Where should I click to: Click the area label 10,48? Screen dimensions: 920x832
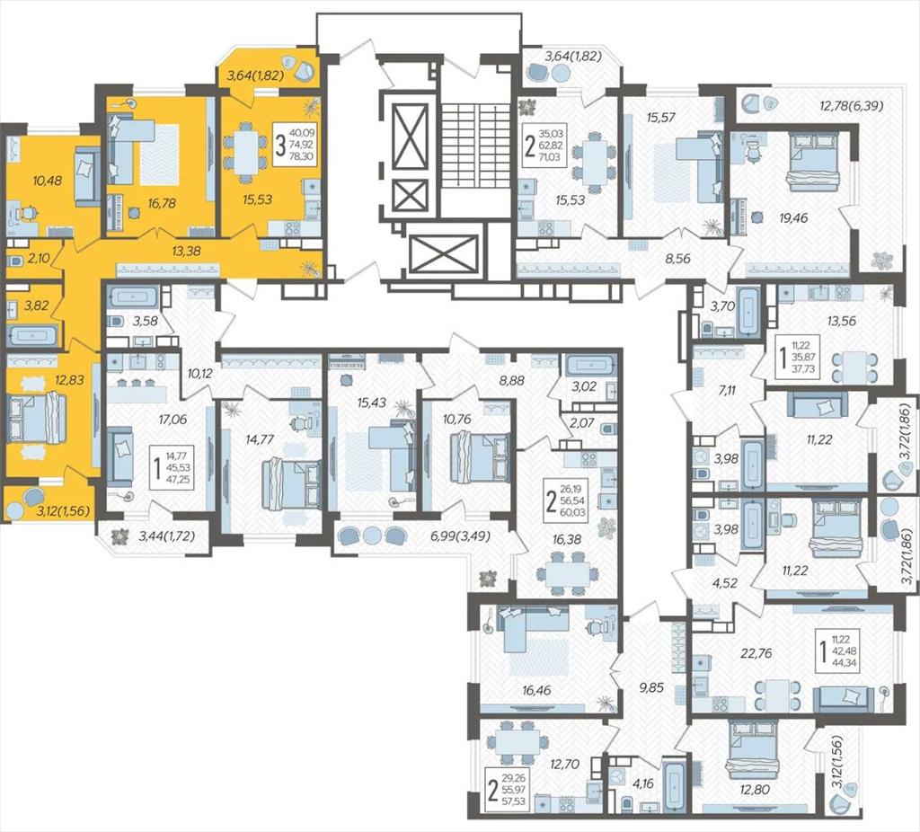48,180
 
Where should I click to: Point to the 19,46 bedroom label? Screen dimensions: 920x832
793,217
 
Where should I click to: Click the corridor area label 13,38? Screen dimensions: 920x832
187,251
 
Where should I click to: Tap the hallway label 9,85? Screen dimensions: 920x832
652,687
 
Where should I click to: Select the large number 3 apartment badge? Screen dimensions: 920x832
281,146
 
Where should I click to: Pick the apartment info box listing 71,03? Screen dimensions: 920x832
545,141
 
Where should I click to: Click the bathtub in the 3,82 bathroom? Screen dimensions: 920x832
32,336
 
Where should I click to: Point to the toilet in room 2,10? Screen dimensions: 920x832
15,261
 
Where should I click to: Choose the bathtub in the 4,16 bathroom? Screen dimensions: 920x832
675,785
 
